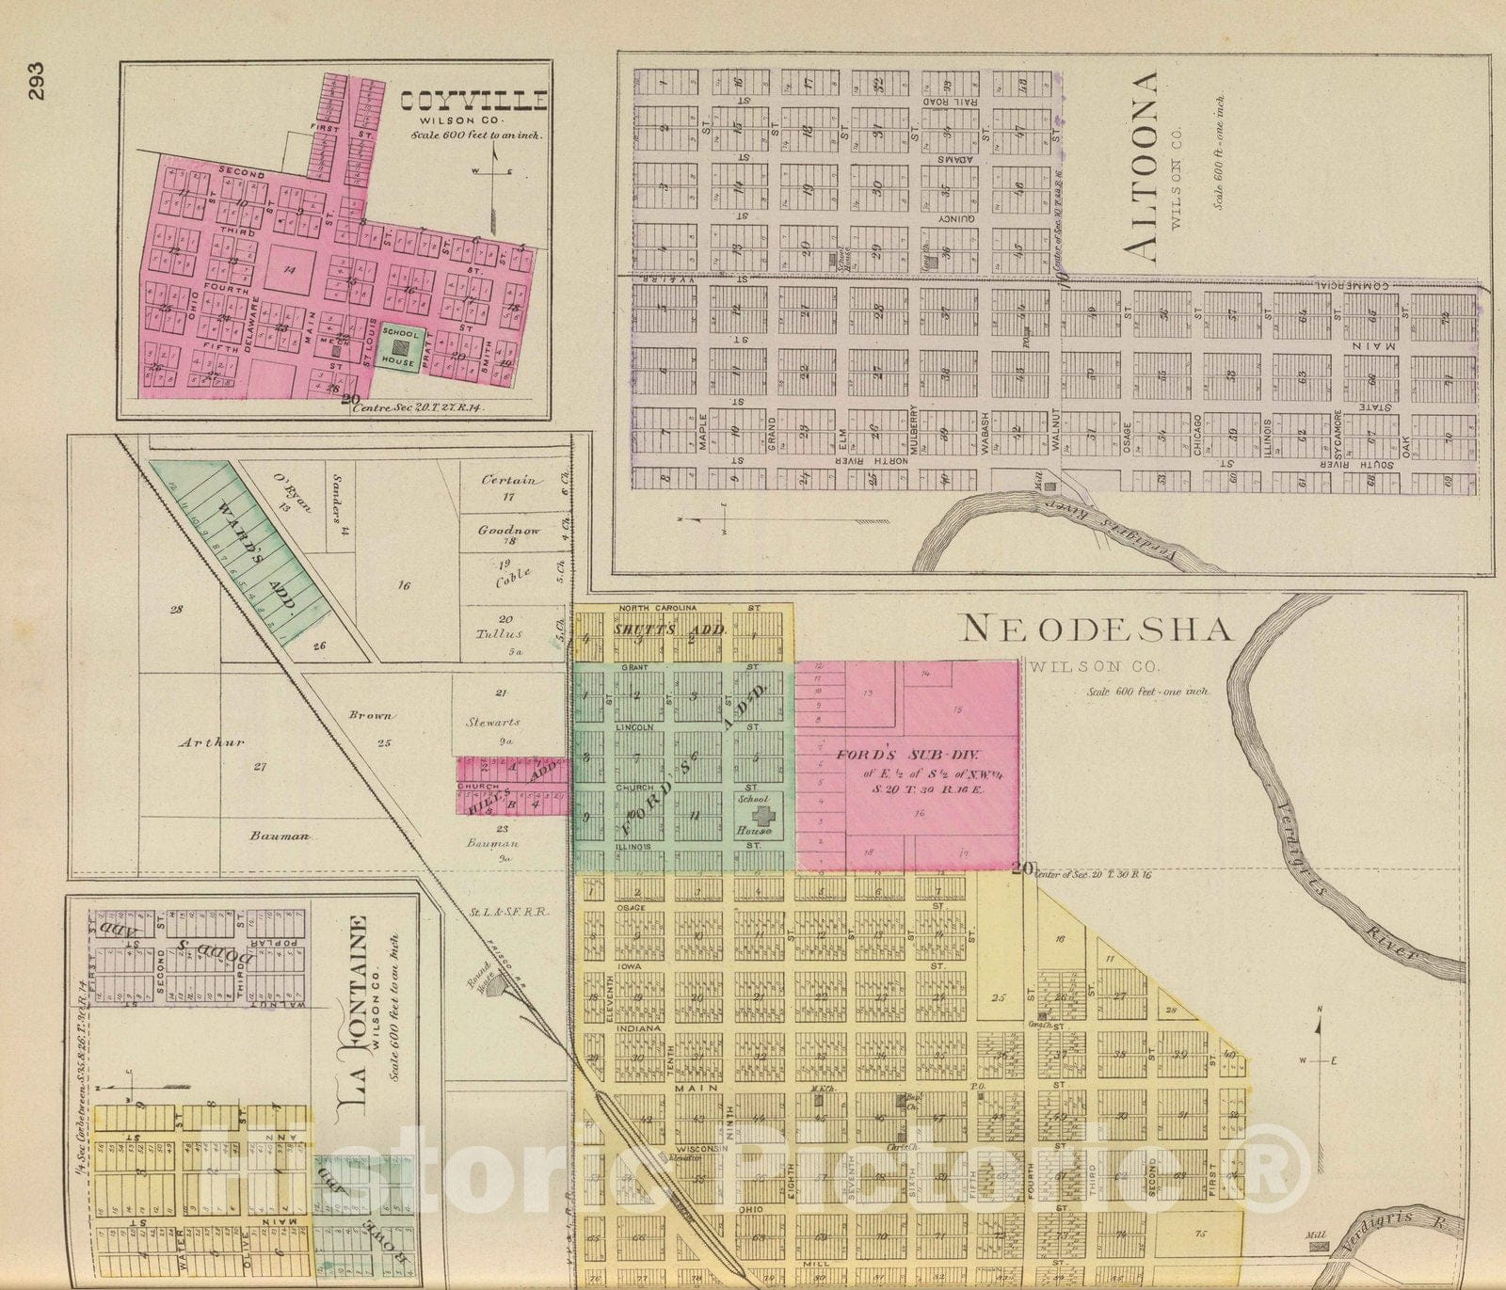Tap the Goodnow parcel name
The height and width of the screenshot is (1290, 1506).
[509, 530]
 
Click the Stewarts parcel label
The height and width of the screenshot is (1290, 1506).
[493, 723]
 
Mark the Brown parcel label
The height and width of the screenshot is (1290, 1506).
[371, 715]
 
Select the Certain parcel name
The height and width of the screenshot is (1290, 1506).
[508, 480]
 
